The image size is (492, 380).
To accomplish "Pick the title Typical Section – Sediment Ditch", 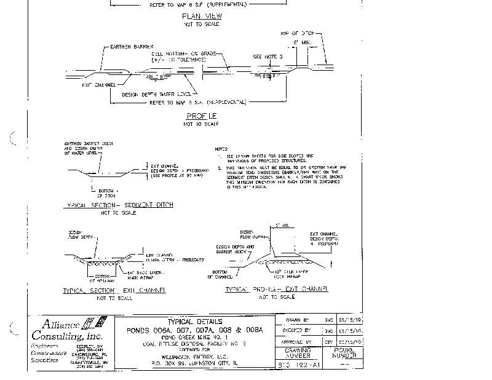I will [119, 204].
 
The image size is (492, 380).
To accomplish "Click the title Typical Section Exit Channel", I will [115, 290].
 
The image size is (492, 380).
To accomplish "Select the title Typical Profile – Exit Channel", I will [277, 289].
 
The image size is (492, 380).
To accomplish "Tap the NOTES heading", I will [219, 149].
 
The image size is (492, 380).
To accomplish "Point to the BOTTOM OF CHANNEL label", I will [220, 274].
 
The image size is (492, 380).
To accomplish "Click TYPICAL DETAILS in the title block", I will [194, 322].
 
